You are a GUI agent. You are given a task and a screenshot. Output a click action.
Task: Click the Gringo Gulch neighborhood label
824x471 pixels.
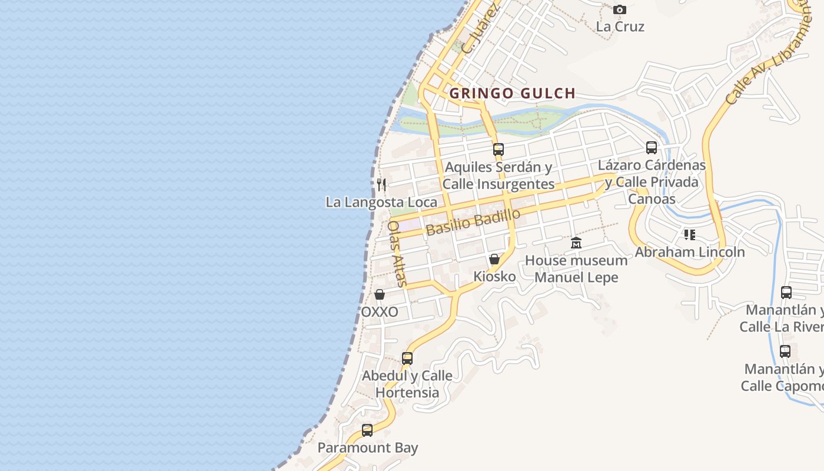coord(512,93)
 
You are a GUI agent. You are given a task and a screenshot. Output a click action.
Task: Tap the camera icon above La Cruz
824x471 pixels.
coord(620,9)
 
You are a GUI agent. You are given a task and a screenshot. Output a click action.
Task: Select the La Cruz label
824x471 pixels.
coord(620,26)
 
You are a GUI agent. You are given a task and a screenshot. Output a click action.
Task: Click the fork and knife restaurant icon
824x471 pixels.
coord(381,185)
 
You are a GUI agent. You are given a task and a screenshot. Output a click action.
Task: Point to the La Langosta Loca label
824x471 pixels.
coord(381,202)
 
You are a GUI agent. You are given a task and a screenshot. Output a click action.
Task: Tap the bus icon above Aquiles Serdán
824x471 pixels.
coord(499,149)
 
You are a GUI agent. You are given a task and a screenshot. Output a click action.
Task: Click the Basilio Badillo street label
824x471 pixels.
coord(473,221)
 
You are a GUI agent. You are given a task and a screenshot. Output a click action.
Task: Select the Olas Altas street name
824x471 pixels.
coord(397,253)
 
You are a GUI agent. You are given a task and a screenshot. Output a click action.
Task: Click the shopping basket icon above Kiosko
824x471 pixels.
coord(494,259)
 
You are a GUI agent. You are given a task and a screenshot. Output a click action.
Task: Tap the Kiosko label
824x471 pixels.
coord(494,276)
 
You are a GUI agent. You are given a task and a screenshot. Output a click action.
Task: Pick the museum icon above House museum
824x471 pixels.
coord(576,243)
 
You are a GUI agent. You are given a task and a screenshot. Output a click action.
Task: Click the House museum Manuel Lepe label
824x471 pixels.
coord(576,268)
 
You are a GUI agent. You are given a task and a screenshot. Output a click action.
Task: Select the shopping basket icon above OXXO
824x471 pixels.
coord(380,294)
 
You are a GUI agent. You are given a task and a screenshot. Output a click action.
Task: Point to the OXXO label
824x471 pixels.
coord(380,311)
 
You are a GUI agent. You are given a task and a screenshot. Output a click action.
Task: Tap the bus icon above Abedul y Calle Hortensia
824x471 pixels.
coord(407,358)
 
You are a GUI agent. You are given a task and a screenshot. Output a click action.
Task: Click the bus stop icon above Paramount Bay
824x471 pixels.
coord(367,430)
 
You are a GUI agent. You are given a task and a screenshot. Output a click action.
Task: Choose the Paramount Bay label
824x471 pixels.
coord(367,447)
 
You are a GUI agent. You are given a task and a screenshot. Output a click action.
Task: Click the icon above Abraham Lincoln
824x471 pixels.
coord(690,235)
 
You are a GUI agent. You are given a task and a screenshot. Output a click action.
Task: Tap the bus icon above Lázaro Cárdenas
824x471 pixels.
coord(652,148)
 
